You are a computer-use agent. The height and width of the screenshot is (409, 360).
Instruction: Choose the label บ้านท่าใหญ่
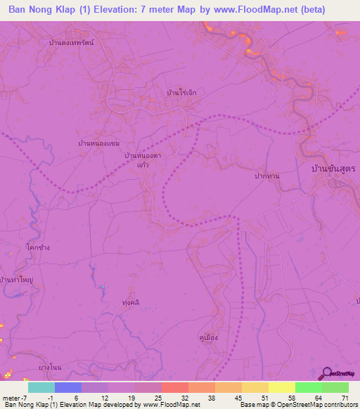point(18,280)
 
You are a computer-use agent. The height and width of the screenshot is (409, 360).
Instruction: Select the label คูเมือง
point(207,337)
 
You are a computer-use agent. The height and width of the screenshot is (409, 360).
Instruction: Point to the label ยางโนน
point(51,368)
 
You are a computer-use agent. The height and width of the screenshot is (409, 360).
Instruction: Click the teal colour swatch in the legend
point(41,387)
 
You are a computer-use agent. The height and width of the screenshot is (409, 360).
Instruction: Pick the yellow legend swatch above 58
point(281,387)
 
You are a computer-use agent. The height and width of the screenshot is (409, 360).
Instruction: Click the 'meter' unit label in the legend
point(13,397)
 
